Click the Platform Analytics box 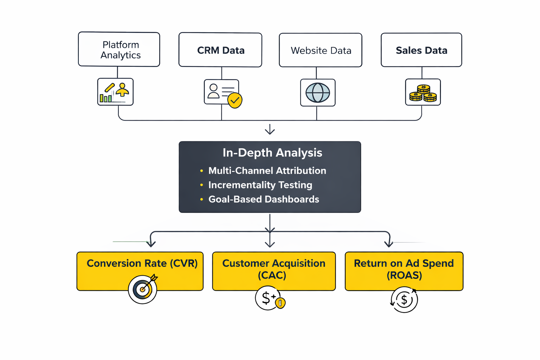pos(119,50)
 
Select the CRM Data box pos(220,50)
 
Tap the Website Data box pos(321,51)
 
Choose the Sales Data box pos(421,50)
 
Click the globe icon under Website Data pos(318,93)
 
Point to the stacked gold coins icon pos(423,93)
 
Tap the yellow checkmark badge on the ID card pos(234,100)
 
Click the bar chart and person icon pos(115,92)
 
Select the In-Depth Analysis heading pos(272,153)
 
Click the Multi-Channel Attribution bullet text pos(267,171)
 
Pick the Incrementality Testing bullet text pos(260,185)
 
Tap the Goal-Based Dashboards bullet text pos(264,199)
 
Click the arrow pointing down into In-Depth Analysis pos(270,130)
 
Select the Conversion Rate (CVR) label pos(142,263)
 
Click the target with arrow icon pos(143,289)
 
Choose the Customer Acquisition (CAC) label pos(274,269)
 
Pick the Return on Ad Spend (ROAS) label pos(404,269)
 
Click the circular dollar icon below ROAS pos(404,300)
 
